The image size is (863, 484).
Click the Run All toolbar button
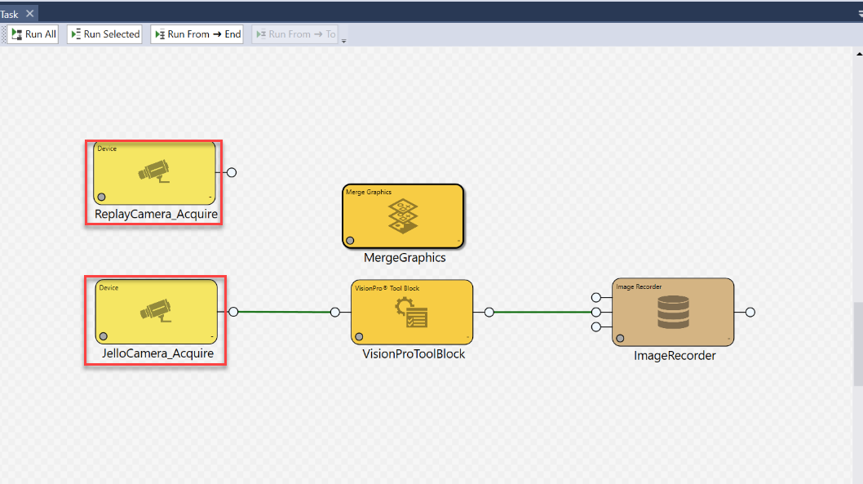click(x=33, y=34)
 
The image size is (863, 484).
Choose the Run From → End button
click(x=197, y=34)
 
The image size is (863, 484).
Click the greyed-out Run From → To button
click(x=294, y=34)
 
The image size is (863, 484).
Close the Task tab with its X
click(x=30, y=14)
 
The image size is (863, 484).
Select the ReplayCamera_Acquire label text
click(x=156, y=215)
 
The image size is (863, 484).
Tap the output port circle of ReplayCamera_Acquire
click(x=232, y=172)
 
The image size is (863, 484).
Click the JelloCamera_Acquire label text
click(x=157, y=353)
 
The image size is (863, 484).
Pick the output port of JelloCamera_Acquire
click(x=233, y=312)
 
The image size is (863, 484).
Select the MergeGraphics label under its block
click(x=405, y=257)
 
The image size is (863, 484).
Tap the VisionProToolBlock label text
click(x=414, y=354)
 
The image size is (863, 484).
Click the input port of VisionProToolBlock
click(x=335, y=312)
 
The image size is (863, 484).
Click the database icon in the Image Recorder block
click(x=673, y=313)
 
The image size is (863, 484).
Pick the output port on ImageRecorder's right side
click(x=750, y=312)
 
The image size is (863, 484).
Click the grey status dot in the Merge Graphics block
click(x=350, y=240)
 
